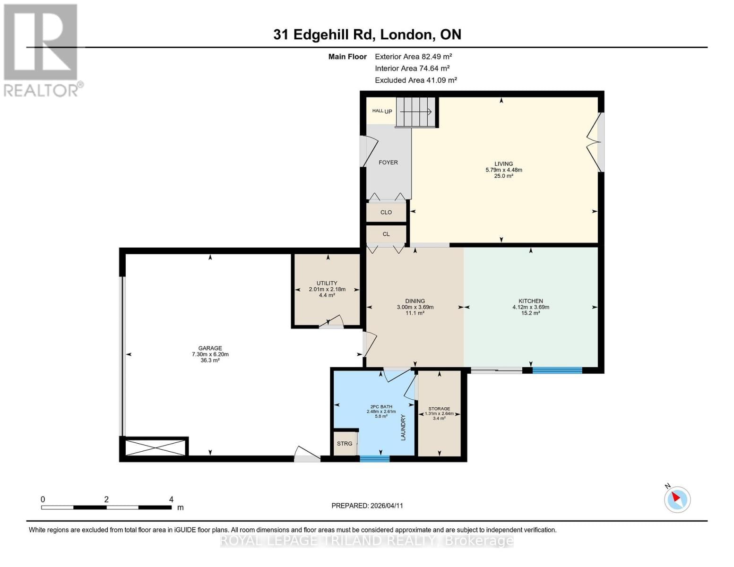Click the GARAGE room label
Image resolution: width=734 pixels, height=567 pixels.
pyautogui.click(x=210, y=348)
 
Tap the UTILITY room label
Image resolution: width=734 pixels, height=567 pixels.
pyautogui.click(x=327, y=283)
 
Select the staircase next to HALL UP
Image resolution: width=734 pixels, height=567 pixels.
pyautogui.click(x=415, y=112)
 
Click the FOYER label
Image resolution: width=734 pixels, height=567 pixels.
pyautogui.click(x=388, y=162)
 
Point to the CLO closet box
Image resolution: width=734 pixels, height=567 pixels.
pyautogui.click(x=386, y=212)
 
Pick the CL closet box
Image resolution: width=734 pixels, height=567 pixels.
pyautogui.click(x=386, y=234)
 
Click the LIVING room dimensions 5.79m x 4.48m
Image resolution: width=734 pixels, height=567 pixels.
pyautogui.click(x=503, y=170)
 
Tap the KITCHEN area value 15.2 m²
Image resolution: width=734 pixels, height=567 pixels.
pyautogui.click(x=530, y=313)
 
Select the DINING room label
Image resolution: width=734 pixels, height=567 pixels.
pyautogui.click(x=414, y=301)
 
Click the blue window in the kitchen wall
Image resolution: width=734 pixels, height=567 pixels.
pyautogui.click(x=557, y=370)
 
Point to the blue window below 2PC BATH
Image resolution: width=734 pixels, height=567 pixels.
pyautogui.click(x=374, y=458)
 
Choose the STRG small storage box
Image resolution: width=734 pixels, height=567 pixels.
pyautogui.click(x=345, y=443)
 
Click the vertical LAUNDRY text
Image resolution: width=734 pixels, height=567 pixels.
pyautogui.click(x=403, y=427)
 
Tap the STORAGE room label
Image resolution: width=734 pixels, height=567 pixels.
pyautogui.click(x=439, y=409)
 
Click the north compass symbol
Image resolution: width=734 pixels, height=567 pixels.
pyautogui.click(x=677, y=499)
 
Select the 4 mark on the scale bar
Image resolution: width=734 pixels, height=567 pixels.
pyautogui.click(x=171, y=499)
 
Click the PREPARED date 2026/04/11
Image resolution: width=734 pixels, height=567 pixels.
pyautogui.click(x=367, y=506)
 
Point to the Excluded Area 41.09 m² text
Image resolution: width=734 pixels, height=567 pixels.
pyautogui.click(x=415, y=80)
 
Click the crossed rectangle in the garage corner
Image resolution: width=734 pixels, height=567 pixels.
pyautogui.click(x=155, y=447)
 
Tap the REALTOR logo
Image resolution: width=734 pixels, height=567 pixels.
pyautogui.click(x=42, y=50)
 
